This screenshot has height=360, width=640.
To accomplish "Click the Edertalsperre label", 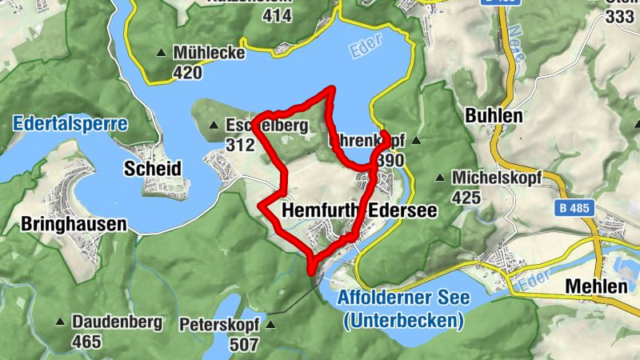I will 70,124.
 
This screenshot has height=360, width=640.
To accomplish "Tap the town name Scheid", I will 153,169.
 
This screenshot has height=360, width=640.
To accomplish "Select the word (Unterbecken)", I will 402,321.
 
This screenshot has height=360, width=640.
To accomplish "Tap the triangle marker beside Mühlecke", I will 162,54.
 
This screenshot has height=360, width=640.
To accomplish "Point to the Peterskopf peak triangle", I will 270,326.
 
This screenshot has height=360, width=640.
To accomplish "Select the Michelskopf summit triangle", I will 439,178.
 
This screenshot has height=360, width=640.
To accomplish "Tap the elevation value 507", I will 243,345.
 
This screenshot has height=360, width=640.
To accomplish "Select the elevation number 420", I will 187,72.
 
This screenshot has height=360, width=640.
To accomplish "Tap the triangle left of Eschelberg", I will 214,126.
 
